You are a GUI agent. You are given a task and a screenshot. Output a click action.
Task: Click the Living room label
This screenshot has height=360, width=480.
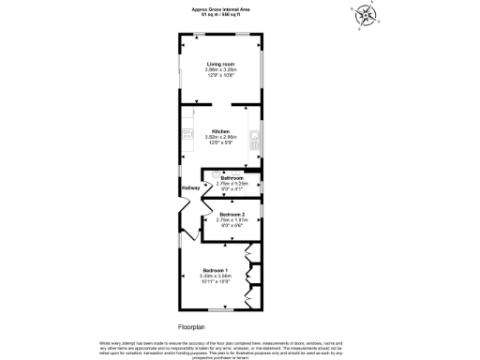click(x=220, y=64)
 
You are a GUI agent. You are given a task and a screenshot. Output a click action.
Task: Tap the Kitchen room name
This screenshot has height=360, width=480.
click(x=220, y=130)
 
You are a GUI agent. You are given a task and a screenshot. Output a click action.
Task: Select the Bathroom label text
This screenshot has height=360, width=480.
click(x=231, y=177)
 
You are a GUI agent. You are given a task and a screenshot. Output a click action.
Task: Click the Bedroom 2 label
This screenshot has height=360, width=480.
click(x=231, y=215)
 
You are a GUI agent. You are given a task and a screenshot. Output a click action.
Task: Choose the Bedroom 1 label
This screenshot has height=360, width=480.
click(x=216, y=271)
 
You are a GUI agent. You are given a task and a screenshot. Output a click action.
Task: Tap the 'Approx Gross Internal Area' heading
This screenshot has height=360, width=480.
click(x=221, y=10)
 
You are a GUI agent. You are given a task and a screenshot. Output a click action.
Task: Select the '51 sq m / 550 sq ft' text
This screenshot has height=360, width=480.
click(x=221, y=16)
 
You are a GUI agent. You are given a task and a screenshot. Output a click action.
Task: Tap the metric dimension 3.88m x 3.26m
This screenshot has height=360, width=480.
click(x=220, y=69)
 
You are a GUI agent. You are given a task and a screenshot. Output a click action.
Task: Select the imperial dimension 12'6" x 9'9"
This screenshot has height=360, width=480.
click(x=220, y=142)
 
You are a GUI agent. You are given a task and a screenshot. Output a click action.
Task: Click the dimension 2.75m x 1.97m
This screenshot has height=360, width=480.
click(x=231, y=220)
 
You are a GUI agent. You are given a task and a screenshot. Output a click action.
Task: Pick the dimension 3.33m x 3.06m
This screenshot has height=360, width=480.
click(x=216, y=277)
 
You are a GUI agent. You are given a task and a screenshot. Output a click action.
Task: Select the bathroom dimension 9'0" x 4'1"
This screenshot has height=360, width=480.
click(x=231, y=188)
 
